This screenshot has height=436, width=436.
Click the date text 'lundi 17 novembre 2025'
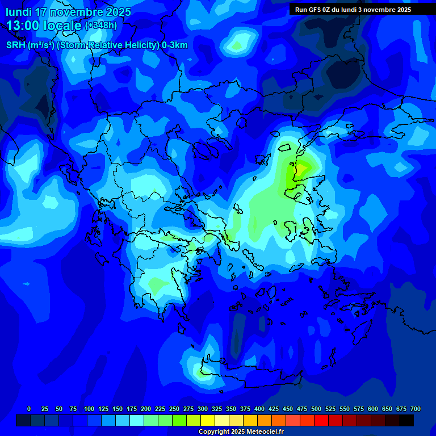pyautogui.click(x=68, y=12)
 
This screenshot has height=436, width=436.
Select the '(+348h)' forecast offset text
pyautogui.click(x=101, y=26)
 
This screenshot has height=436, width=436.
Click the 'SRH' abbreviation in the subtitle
pyautogui.click(x=16, y=45)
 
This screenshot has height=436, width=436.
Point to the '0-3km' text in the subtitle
pyautogui.click(x=175, y=45)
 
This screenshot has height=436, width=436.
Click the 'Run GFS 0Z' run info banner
pyautogui.click(x=353, y=10)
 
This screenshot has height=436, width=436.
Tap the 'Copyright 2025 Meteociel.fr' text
pyautogui.click(x=241, y=432)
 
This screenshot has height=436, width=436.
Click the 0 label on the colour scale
pyautogui.click(x=29, y=409)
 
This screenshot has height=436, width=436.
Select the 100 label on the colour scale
pyautogui.click(x=89, y=409)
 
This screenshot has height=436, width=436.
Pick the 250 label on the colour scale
pyautogui.click(x=174, y=409)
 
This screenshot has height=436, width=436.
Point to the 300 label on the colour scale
pyautogui.click(x=203, y=409)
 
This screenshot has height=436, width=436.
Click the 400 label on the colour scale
pyautogui.click(x=259, y=409)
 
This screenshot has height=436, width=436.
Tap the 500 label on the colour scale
pyautogui.click(x=316, y=409)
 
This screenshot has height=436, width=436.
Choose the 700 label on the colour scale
pyautogui.click(x=416, y=409)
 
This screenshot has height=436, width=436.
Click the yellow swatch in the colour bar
pyautogui.click(x=208, y=420)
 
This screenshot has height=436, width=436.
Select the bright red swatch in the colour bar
pyautogui.click(x=321, y=420)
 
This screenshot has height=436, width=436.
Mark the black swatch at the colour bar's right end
pyautogui.click(x=406, y=420)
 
